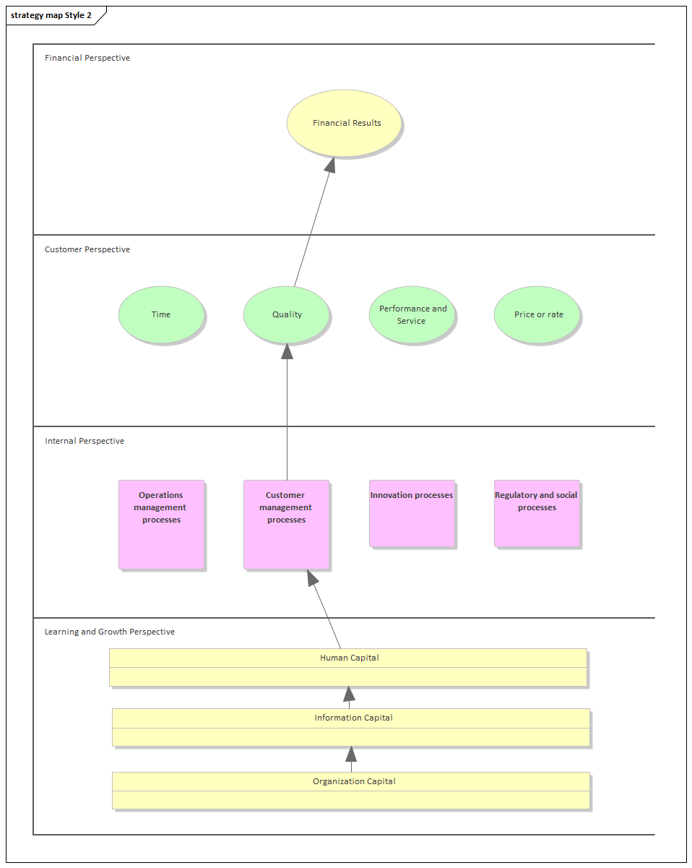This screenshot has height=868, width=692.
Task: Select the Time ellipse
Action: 161,314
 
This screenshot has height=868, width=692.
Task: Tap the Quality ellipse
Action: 287,314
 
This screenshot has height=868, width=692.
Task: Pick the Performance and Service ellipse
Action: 412,314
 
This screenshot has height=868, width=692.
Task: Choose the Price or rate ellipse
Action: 537,314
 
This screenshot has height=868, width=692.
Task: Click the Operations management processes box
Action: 161,525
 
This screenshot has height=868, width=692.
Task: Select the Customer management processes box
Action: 286,525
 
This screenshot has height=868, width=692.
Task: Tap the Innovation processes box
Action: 412,514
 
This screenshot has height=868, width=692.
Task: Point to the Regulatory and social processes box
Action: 537,514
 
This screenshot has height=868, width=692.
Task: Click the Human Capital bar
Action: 348,666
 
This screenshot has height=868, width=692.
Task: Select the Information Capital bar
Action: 351,726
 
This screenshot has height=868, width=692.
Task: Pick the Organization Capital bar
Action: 351,790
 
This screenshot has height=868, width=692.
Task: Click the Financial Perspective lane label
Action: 87,58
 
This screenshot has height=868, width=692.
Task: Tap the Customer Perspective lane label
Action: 87,249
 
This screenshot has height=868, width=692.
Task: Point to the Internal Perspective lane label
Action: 85,441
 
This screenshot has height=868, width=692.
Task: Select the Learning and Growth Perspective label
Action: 110,632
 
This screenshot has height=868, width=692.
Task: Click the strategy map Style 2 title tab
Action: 51,15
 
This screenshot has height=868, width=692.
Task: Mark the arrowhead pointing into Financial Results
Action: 330,166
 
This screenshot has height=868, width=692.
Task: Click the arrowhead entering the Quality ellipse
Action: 287,351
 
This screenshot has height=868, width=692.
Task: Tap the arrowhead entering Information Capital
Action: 351,755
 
